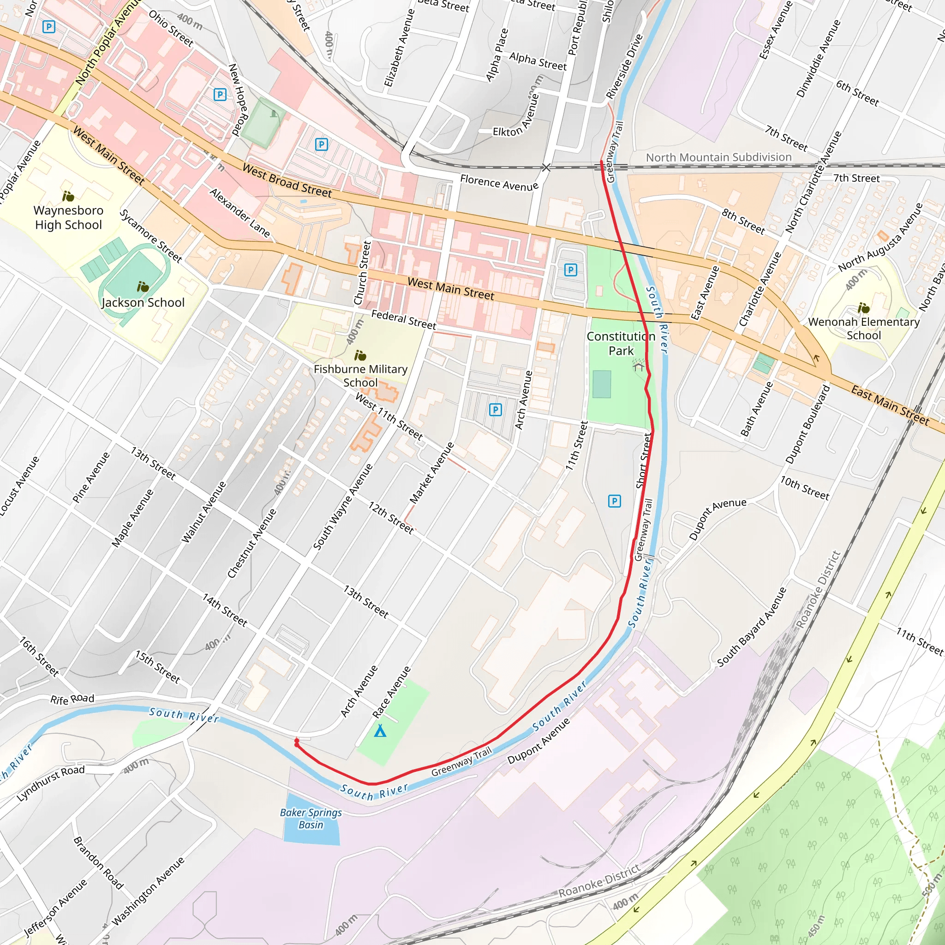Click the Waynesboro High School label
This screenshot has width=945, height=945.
click(68, 218)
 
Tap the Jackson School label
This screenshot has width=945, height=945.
click(143, 302)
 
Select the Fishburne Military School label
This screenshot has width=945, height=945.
click(360, 376)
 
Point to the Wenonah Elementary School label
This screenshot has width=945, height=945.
click(864, 328)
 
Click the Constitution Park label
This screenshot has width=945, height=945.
click(621, 343)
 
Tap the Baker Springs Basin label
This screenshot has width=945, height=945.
click(311, 818)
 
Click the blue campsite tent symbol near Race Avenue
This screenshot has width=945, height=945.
click(380, 731)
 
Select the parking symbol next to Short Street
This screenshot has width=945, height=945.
click(614, 501)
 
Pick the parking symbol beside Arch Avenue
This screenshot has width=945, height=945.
click(496, 409)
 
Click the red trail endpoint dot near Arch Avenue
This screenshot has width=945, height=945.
click(296, 742)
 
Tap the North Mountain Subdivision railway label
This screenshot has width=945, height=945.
click(718, 157)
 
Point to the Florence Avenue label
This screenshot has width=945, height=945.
click(499, 183)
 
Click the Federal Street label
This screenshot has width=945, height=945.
click(404, 320)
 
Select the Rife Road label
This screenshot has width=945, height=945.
click(72, 699)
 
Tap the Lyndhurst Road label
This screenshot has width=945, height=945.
click(51, 783)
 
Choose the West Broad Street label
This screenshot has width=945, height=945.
click(287, 180)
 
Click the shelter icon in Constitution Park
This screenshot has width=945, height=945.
click(638, 366)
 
